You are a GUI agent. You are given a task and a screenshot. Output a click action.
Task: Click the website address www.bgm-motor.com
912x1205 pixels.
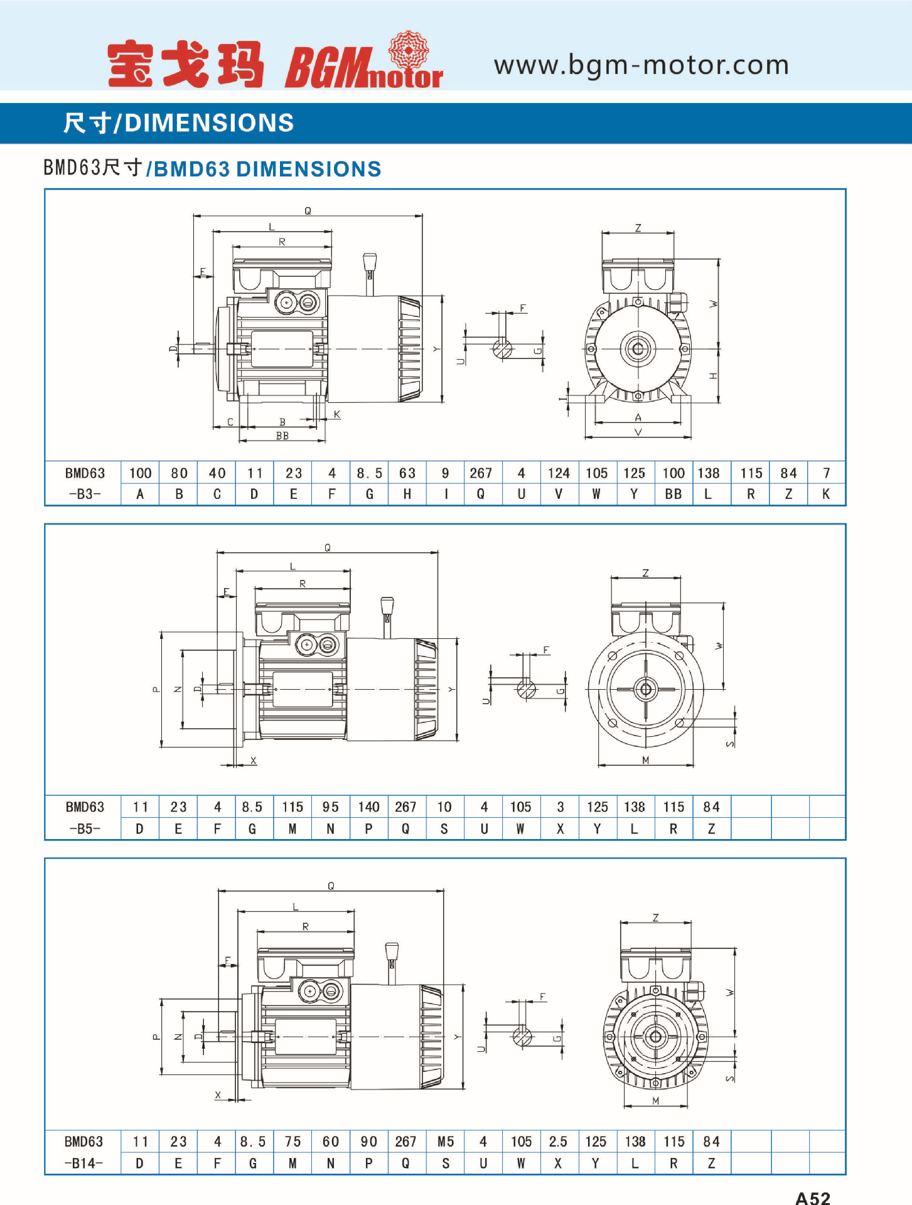pyautogui.click(x=641, y=65)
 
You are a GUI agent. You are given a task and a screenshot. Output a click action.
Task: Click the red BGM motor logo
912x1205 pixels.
pyautogui.click(x=363, y=63)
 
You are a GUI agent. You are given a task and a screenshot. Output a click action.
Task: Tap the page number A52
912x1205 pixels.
pyautogui.click(x=812, y=1197)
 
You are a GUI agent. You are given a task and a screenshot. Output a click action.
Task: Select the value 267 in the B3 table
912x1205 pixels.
pyautogui.click(x=480, y=473)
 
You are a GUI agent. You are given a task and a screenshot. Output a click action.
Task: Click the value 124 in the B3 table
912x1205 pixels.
pyautogui.click(x=558, y=473)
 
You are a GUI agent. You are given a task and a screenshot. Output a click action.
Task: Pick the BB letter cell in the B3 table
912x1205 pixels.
pyautogui.click(x=673, y=494)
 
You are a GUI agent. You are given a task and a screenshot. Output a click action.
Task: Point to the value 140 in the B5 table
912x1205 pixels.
pyautogui.click(x=368, y=807)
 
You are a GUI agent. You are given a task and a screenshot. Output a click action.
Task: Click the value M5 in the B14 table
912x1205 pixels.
pyautogui.click(x=445, y=1142)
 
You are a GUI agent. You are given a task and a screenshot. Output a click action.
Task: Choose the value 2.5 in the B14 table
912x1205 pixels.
pyautogui.click(x=557, y=1142)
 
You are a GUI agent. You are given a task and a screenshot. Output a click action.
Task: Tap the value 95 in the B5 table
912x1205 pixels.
pyautogui.click(x=330, y=807)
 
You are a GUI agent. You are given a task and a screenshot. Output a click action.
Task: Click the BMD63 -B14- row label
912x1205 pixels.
pyautogui.click(x=83, y=1152)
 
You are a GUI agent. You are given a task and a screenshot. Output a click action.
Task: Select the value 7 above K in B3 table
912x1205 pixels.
pyautogui.click(x=826, y=473)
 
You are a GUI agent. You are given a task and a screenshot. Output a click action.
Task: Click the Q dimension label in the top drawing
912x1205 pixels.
pyautogui.click(x=308, y=211)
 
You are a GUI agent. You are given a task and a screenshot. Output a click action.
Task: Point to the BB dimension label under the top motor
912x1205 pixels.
pyautogui.click(x=282, y=436)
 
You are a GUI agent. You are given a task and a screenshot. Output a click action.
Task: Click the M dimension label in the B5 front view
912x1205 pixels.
pyautogui.click(x=645, y=760)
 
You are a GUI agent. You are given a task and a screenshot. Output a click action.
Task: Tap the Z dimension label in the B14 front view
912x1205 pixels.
pyautogui.click(x=655, y=918)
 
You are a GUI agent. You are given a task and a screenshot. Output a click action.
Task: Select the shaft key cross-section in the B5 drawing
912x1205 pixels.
pyautogui.click(x=527, y=688)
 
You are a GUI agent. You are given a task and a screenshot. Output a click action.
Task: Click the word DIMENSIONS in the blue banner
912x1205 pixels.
pyautogui.click(x=209, y=123)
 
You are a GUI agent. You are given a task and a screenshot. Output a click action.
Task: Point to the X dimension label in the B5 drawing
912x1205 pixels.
pyautogui.click(x=254, y=761)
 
